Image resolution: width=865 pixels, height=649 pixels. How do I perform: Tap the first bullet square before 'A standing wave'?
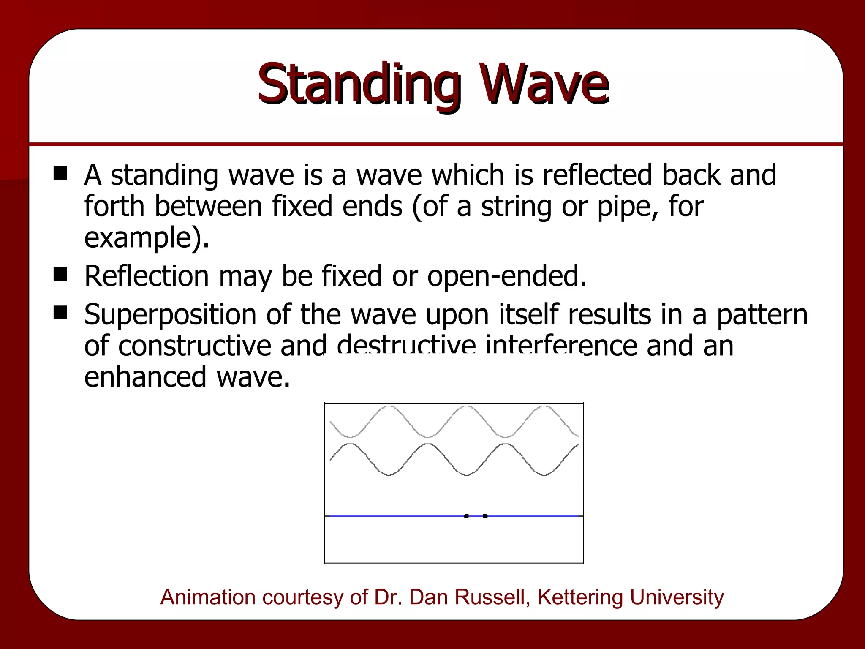tap(60, 173)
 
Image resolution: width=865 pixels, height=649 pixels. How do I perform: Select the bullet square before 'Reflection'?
tap(60, 275)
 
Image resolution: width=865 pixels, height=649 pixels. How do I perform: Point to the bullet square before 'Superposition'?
tap(60, 313)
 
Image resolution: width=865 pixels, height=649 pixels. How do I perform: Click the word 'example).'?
tap(147, 238)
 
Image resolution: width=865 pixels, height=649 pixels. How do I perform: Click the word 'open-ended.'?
tap(507, 276)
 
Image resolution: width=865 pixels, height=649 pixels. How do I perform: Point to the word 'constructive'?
tap(194, 346)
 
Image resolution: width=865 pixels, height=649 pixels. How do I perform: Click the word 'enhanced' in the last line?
tap(145, 376)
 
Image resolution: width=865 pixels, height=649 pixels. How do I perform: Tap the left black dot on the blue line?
tap(466, 516)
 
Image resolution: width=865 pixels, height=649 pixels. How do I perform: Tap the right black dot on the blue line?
tap(485, 516)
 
